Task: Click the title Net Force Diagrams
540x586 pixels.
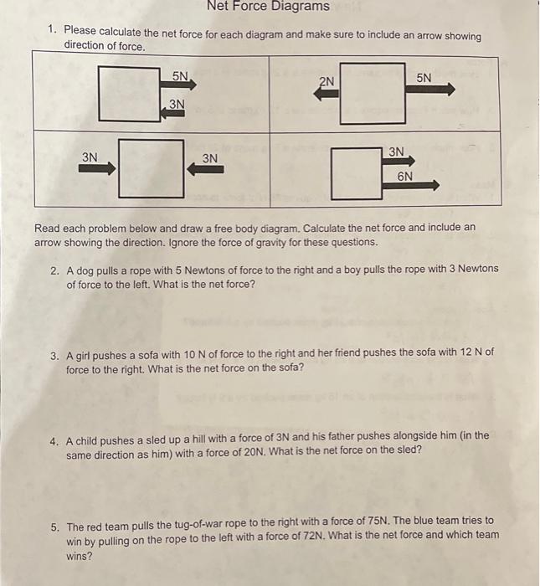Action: tap(268, 8)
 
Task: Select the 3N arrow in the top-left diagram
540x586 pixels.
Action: tap(174, 114)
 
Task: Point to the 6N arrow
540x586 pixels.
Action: tap(410, 187)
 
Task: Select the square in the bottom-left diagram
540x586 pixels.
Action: tap(151, 168)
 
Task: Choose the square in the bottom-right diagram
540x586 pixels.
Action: tap(356, 173)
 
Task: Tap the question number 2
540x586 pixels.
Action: tap(54, 270)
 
